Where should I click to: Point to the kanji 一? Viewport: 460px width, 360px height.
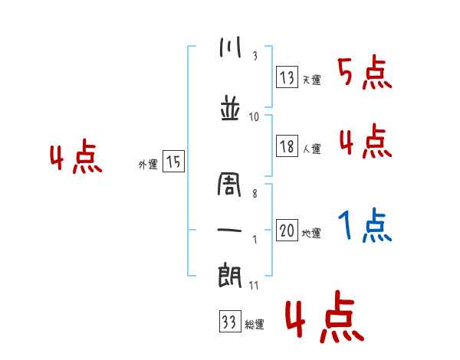(x=230, y=229)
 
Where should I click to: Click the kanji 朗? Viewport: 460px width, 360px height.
(x=230, y=277)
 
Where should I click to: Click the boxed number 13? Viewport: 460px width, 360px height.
(x=287, y=77)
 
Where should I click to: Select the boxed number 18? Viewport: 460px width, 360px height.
(x=287, y=147)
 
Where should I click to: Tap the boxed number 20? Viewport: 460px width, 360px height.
(x=287, y=231)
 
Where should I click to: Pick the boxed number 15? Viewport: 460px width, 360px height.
(x=173, y=162)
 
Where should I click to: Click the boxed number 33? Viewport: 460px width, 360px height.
(x=229, y=322)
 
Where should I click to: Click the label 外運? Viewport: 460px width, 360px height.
(x=147, y=164)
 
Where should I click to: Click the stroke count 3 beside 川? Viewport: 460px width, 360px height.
(x=255, y=56)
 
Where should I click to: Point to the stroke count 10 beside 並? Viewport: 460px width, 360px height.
(x=254, y=116)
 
